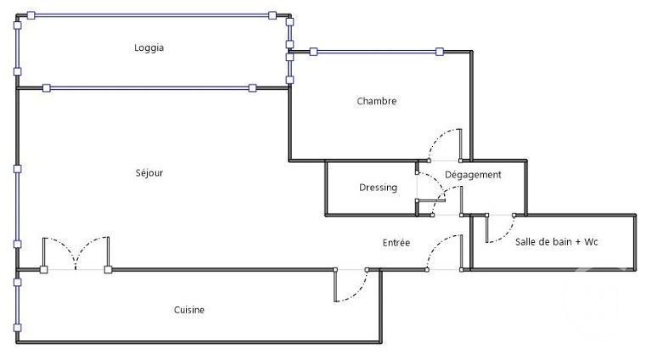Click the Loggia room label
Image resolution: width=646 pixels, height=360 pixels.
(149, 48)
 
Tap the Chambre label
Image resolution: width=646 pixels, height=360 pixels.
(377, 101)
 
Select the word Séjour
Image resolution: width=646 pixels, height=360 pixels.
(149, 173)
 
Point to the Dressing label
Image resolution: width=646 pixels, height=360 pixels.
(378, 188)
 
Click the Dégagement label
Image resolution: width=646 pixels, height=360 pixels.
(474, 175)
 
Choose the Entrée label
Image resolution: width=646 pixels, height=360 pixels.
(396, 243)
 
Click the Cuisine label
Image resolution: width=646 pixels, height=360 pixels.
(189, 310)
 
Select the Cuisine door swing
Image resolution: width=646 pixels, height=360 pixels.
(350, 287)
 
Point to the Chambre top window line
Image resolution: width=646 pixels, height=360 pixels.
(376, 52)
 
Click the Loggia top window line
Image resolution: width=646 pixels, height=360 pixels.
(151, 15)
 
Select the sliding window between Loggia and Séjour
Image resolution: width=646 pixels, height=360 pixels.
(149, 87)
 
